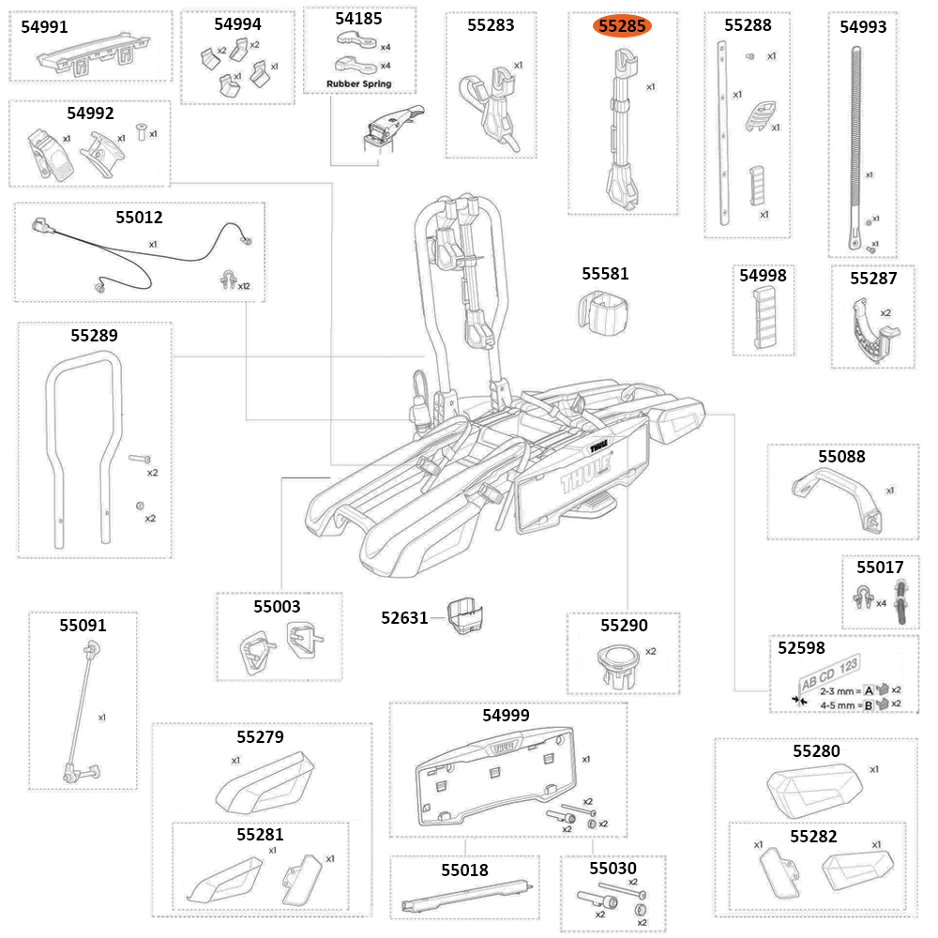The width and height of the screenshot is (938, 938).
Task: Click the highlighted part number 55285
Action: (x=622, y=26)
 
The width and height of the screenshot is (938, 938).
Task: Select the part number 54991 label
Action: (x=44, y=27)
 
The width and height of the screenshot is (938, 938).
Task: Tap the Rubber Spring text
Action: (x=358, y=83)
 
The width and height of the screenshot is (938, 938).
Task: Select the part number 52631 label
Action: (x=404, y=617)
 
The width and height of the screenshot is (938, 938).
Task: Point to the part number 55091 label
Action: (x=83, y=624)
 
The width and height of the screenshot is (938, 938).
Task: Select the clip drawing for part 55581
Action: (x=604, y=311)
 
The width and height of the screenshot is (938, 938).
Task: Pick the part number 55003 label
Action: (x=277, y=606)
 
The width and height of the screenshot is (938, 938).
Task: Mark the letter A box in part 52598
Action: (x=869, y=689)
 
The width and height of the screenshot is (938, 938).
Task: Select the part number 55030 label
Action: (x=613, y=869)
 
